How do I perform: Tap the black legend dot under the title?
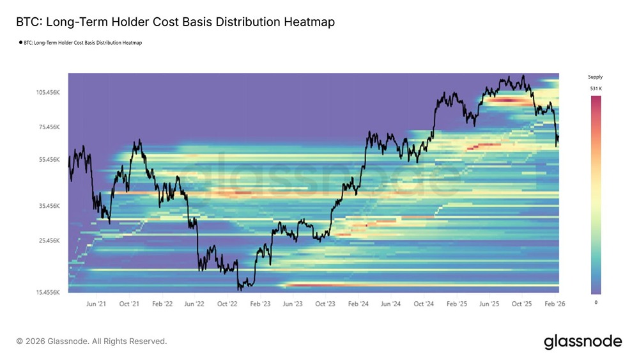click(x=20, y=43)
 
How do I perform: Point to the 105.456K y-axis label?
click(x=48, y=92)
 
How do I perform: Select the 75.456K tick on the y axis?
click(x=49, y=127)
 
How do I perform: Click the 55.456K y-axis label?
click(x=49, y=159)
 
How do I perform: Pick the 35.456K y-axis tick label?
click(x=49, y=206)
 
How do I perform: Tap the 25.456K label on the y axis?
click(x=49, y=240)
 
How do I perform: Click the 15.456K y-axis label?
click(x=48, y=292)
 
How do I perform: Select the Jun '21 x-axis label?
click(x=96, y=304)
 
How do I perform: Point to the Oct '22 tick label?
click(x=228, y=304)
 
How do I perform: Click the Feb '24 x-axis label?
click(x=358, y=304)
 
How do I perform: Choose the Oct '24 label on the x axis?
click(x=424, y=304)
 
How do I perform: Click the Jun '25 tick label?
click(x=489, y=304)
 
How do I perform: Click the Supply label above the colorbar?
click(x=595, y=77)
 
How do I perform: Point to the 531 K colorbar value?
click(x=595, y=88)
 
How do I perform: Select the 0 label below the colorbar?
click(x=596, y=302)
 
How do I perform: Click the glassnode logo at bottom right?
click(x=582, y=341)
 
